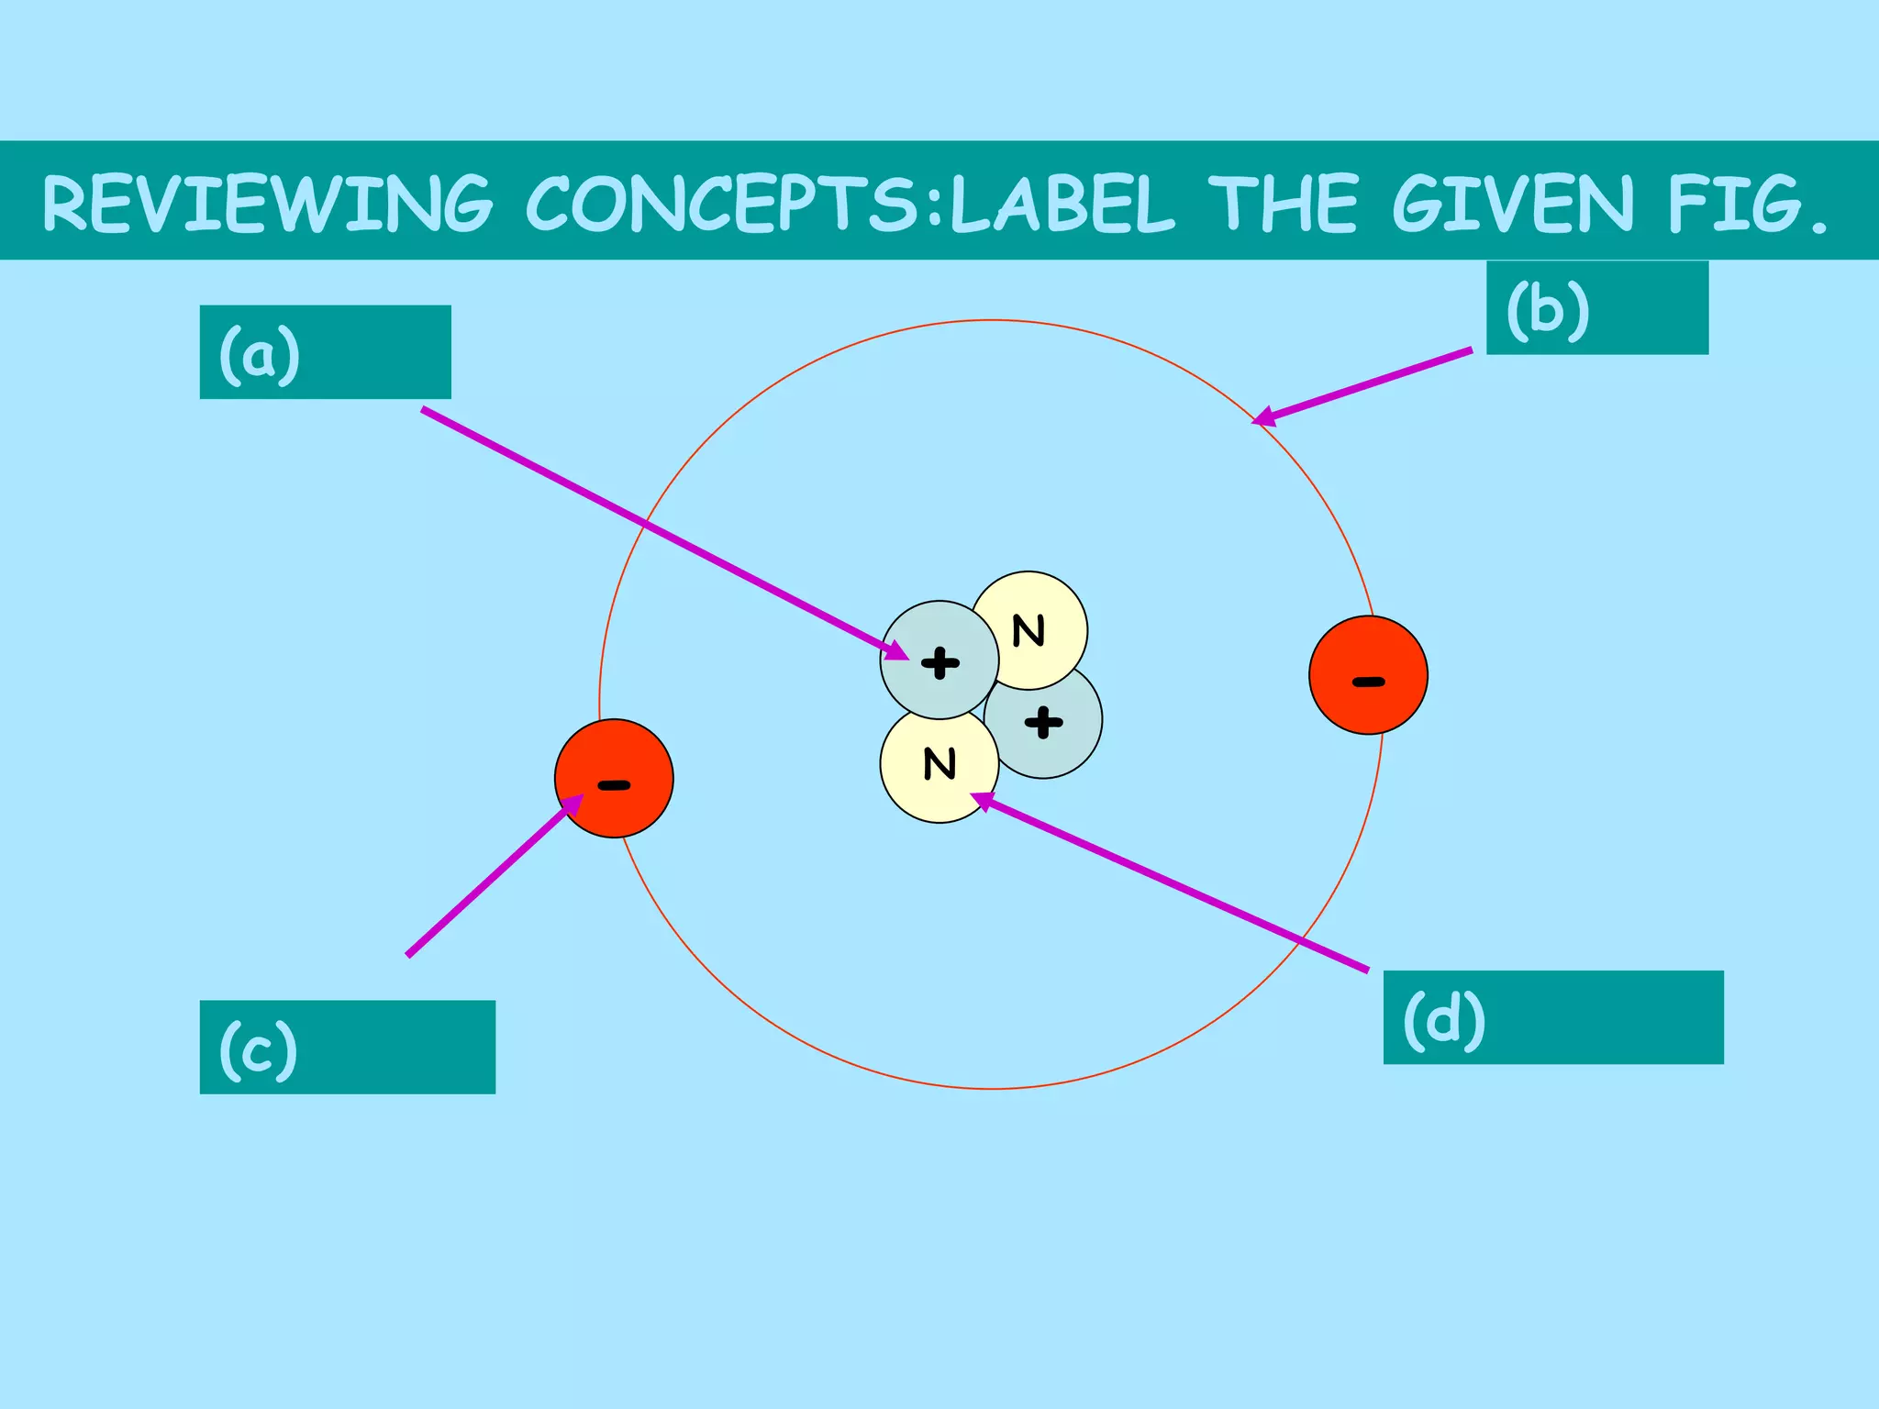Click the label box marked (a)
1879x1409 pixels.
pyautogui.click(x=325, y=352)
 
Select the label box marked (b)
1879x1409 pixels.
pyautogui.click(x=1596, y=308)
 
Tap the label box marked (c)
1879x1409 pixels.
pyautogui.click(x=347, y=1047)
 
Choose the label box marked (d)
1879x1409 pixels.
pyautogui.click(x=1552, y=1017)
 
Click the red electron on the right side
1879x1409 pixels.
pyautogui.click(x=1368, y=675)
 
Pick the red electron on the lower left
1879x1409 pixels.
pyautogui.click(x=614, y=778)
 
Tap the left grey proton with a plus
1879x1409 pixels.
pyautogui.click(x=939, y=660)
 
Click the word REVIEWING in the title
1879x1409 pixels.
pyautogui.click(x=267, y=204)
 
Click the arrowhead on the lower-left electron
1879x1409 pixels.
pyautogui.click(x=573, y=804)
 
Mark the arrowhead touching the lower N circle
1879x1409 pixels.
pyautogui.click(x=982, y=801)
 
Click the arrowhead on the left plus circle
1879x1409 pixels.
pyautogui.click(x=897, y=652)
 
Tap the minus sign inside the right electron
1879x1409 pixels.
pyautogui.click(x=1368, y=682)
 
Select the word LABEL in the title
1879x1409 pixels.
pyautogui.click(x=1062, y=204)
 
